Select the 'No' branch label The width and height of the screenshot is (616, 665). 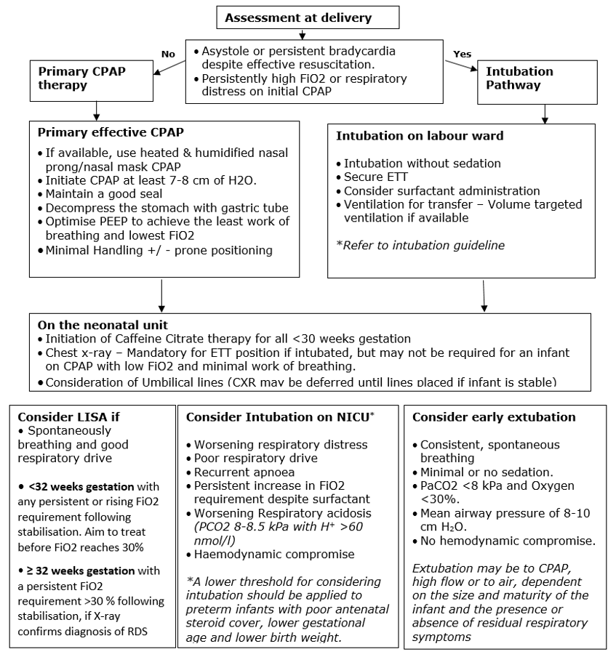click(168, 54)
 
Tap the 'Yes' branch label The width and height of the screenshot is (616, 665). click(462, 54)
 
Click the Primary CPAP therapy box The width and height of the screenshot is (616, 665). click(92, 78)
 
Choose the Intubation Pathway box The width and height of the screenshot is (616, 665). click(519, 78)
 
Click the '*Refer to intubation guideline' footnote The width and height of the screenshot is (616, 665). click(420, 246)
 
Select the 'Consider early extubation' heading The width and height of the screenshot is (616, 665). click(494, 417)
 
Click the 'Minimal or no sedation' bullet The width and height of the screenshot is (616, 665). click(481, 472)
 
